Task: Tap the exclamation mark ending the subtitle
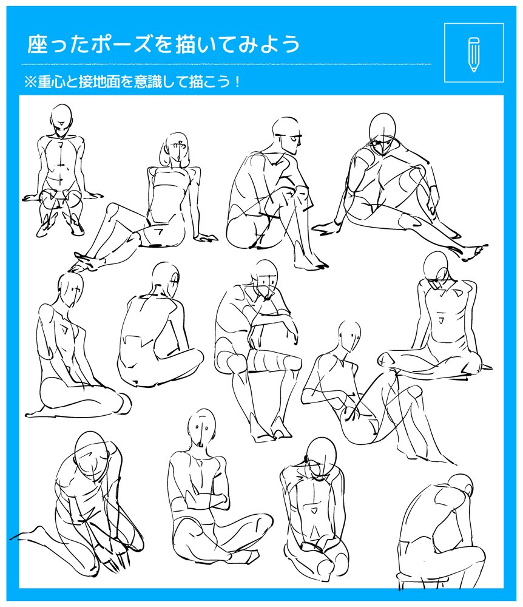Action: [237, 82]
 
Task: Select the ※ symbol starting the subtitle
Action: [30, 82]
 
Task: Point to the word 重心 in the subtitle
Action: [51, 82]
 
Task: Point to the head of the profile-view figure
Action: [287, 135]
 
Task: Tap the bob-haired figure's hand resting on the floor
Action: [206, 237]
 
